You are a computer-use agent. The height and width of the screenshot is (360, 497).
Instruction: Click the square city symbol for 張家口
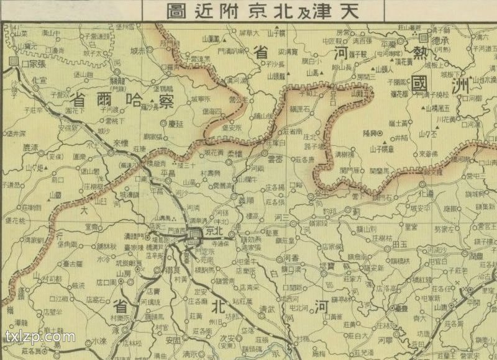pyautogui.click(x=14, y=61)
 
